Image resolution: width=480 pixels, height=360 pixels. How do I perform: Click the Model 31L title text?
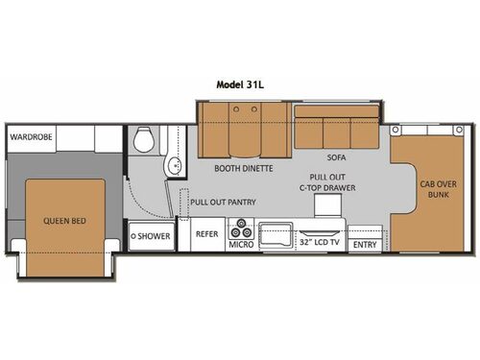(x=239, y=84)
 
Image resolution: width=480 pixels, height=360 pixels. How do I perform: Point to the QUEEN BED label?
(x=64, y=221)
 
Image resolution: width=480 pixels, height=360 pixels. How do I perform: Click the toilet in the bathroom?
(x=144, y=140)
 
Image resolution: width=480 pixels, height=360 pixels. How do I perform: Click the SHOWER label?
(x=152, y=234)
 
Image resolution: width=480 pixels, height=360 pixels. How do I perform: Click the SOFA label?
(x=336, y=156)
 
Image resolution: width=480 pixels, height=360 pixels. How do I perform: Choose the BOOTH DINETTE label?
(x=244, y=168)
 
